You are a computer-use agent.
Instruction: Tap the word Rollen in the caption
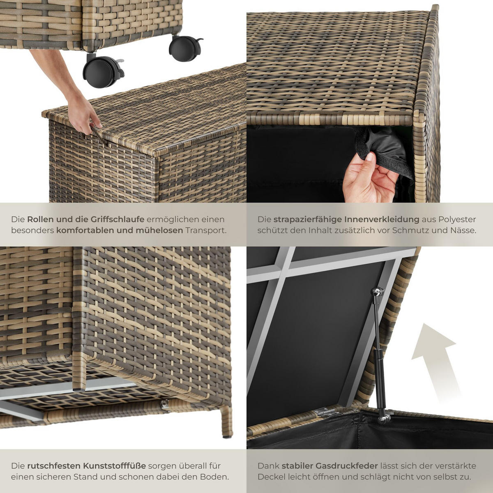pos(40,219)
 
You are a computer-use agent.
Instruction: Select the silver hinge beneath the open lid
pos(325,412)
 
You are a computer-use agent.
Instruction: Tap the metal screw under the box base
pos(165,405)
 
